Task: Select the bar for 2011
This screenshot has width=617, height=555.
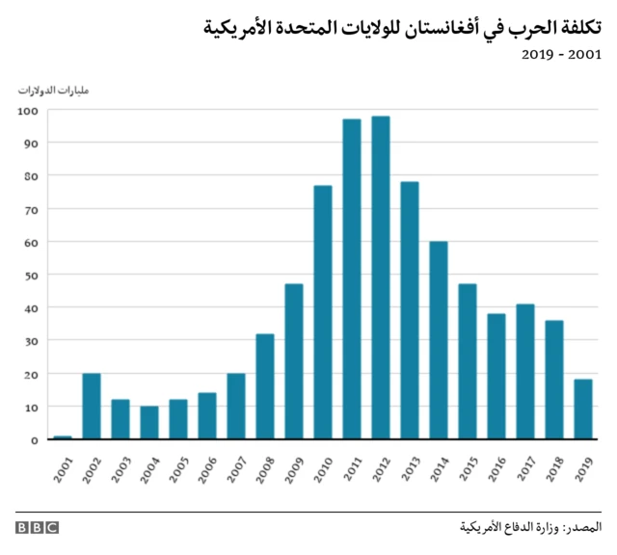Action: coord(352,279)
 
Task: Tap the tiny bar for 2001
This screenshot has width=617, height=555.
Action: coord(63,437)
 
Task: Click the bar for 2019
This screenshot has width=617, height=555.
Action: coord(583,410)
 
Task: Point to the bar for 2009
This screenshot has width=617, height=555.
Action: coord(294,361)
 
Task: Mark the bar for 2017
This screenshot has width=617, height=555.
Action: coord(525,372)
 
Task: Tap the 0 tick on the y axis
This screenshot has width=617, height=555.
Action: coord(34,439)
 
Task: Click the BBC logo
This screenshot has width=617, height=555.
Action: coord(37,527)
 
